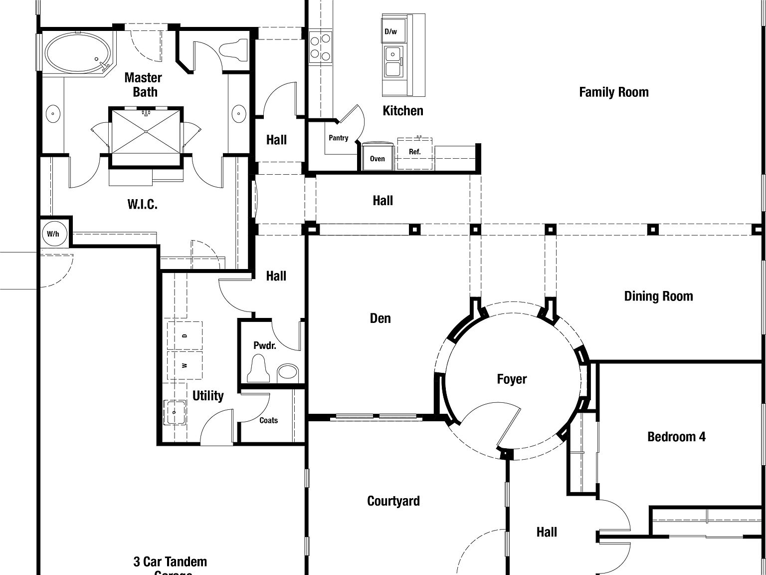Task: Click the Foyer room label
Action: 512,379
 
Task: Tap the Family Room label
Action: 613,92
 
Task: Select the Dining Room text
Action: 658,296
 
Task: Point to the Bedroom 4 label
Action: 676,437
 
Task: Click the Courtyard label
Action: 393,501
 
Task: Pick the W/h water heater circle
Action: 53,234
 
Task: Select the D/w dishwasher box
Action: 391,32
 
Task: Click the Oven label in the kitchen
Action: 377,159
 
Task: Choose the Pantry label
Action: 338,138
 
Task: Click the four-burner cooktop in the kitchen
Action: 320,47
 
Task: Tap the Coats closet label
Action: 268,421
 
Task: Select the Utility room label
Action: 208,396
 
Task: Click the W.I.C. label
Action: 142,204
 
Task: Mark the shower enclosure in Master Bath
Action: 146,131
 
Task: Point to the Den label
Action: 380,318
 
